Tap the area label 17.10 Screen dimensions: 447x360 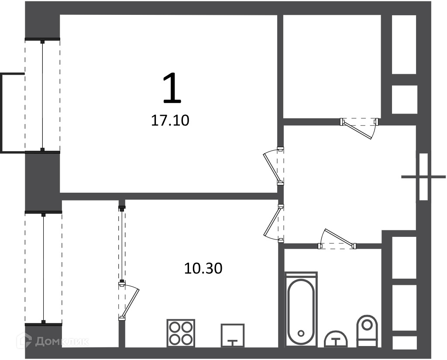click(170, 121)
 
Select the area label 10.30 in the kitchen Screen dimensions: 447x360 click(203, 268)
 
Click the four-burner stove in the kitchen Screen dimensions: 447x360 click(181, 333)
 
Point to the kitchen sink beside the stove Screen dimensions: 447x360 click(233, 336)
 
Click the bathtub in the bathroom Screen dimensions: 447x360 click(301, 309)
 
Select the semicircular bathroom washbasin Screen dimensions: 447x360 click(337, 339)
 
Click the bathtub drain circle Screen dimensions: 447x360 click(301, 333)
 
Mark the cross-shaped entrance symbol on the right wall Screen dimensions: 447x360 click(423, 177)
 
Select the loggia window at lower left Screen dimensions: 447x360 click(43, 268)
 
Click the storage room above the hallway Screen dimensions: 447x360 click(332, 66)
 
